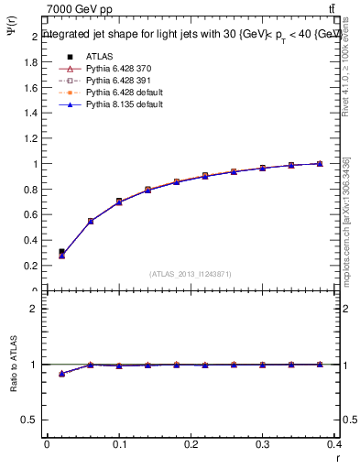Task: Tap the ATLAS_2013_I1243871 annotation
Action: coord(191,274)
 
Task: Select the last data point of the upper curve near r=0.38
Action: coord(320,164)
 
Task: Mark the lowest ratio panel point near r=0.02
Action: coord(61,374)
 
